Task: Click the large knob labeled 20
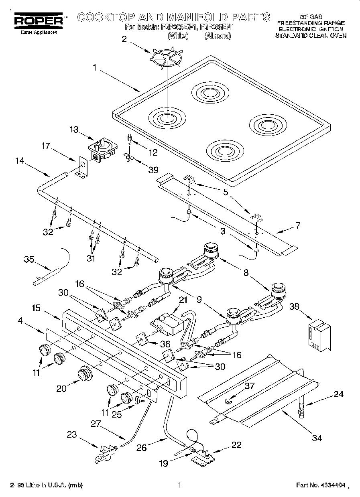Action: click(85, 374)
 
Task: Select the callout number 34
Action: click(317, 438)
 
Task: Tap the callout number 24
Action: click(338, 394)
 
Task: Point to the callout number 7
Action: click(297, 225)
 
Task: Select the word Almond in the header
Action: click(218, 36)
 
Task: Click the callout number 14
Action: click(20, 161)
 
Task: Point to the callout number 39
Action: click(153, 170)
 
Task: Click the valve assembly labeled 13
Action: click(102, 150)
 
